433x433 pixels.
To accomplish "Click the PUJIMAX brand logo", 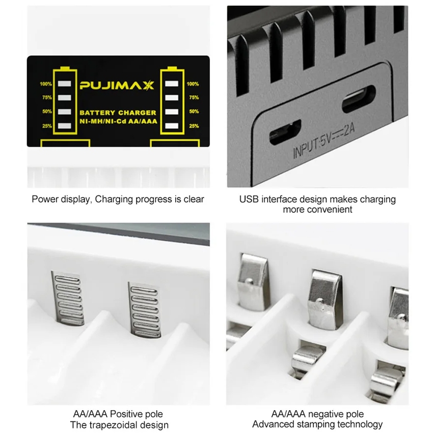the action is pyautogui.click(x=117, y=86).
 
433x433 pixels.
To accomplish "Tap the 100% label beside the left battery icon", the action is pyautogui.click(x=45, y=84).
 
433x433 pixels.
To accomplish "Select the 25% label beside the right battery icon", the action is pyautogui.click(x=194, y=126).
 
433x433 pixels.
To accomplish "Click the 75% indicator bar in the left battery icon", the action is pyautogui.click(x=65, y=98).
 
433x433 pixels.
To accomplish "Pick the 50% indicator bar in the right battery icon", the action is pyautogui.click(x=172, y=112).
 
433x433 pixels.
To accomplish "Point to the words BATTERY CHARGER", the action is pyautogui.click(x=118, y=113).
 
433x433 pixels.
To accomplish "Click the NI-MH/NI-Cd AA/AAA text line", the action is pyautogui.click(x=119, y=121).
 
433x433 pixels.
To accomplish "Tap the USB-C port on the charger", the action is pyautogui.click(x=359, y=99).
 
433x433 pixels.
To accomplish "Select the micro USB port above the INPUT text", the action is pyautogui.click(x=285, y=132).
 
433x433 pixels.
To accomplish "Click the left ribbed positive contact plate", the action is pyautogui.click(x=68, y=297).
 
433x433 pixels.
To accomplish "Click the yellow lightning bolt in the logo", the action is pyautogui.click(x=149, y=86).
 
